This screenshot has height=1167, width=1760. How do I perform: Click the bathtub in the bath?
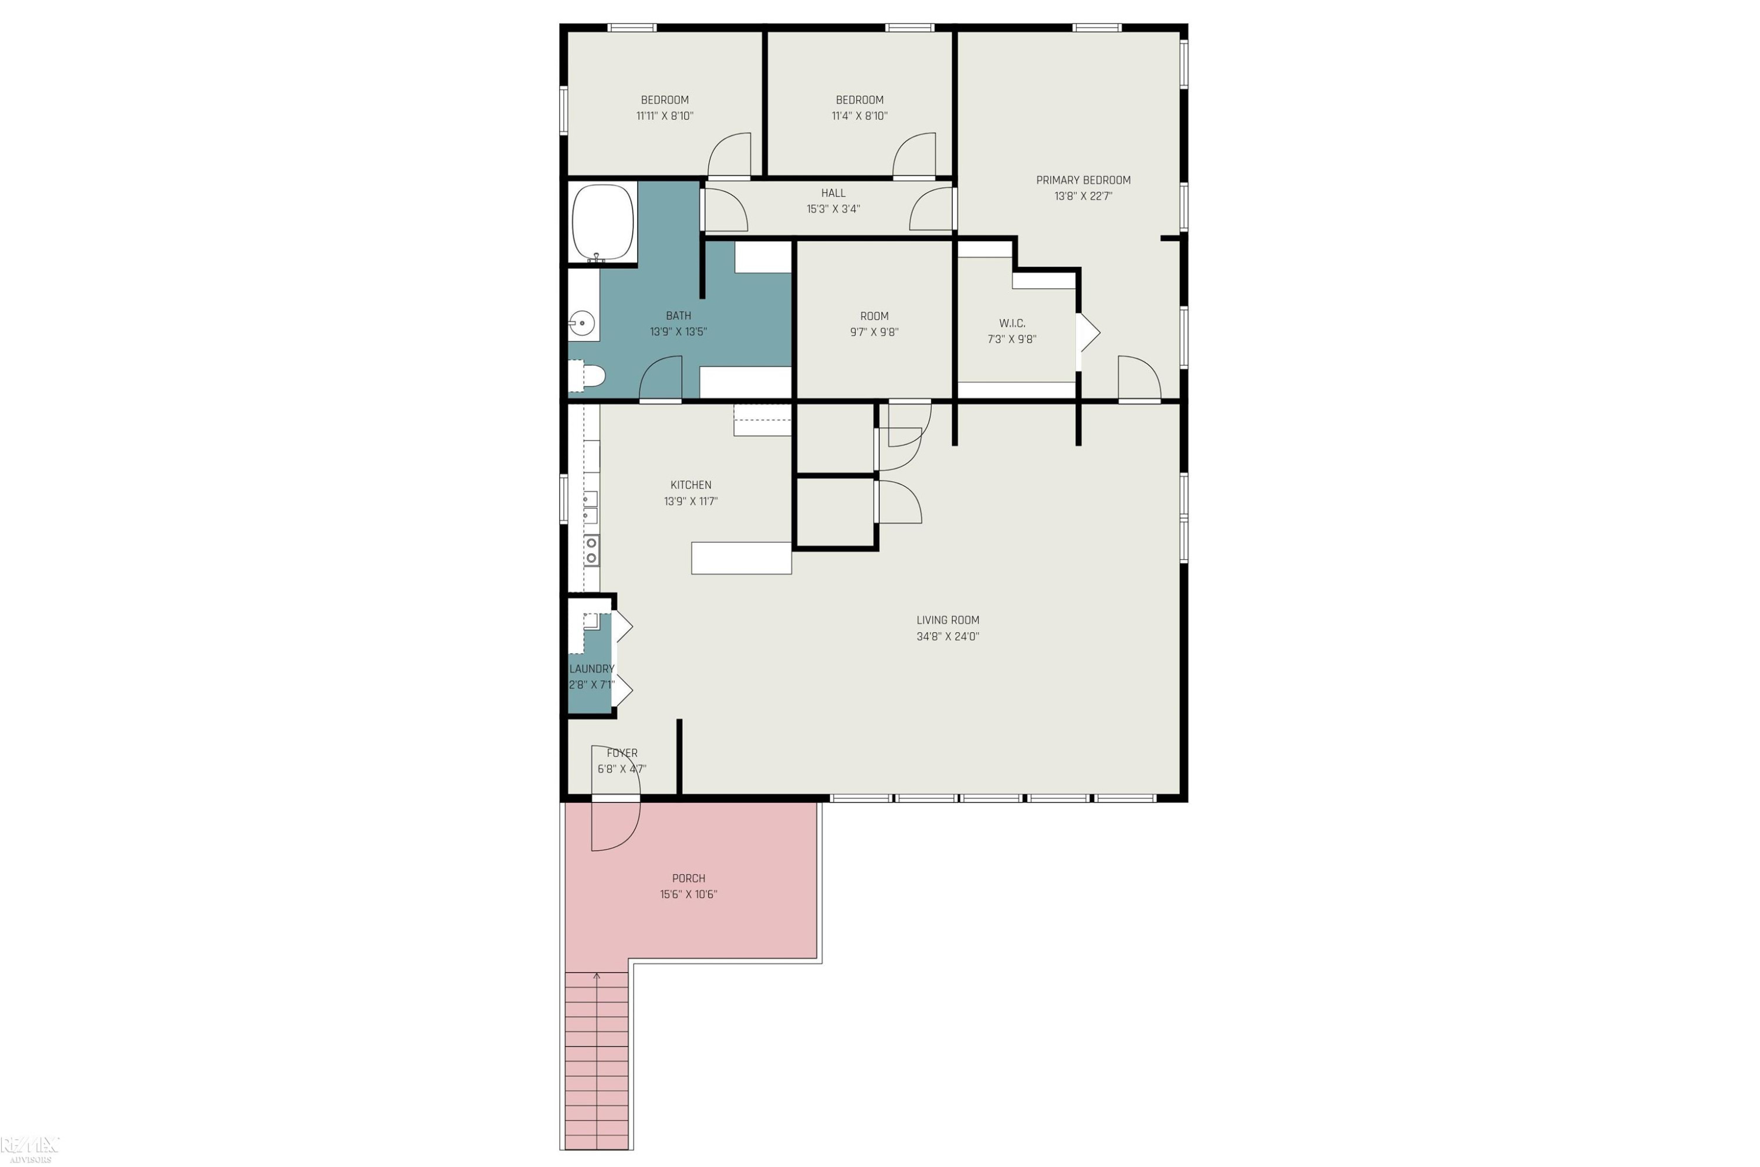click(x=603, y=222)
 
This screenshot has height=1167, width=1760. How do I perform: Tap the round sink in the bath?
click(x=582, y=324)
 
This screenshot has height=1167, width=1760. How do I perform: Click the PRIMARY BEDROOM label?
click(x=1083, y=180)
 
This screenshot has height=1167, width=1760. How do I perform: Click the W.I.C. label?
click(x=1012, y=323)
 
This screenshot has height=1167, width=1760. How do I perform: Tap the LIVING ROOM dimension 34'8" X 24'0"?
click(x=947, y=637)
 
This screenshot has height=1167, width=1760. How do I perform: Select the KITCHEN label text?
click(x=691, y=485)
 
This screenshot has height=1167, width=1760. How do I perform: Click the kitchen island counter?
click(x=741, y=558)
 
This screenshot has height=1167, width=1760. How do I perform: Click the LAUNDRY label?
click(x=591, y=669)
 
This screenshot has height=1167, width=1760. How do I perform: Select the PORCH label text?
click(x=688, y=878)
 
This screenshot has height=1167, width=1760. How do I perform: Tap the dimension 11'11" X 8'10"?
click(x=665, y=116)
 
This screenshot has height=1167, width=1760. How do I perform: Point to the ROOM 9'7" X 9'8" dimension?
click(x=874, y=333)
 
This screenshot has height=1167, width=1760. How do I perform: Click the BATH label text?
click(x=678, y=316)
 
